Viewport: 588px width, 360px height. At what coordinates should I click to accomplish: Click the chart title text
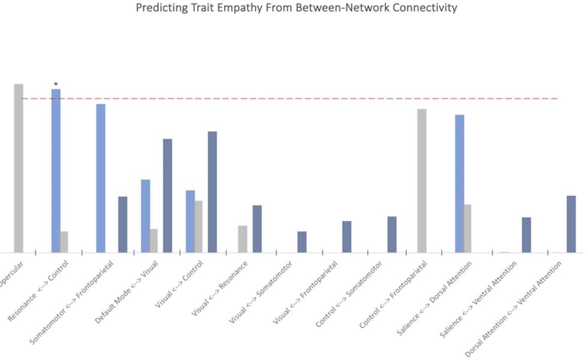pyautogui.click(x=296, y=8)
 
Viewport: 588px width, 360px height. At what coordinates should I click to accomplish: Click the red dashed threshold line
pyautogui.click(x=300, y=98)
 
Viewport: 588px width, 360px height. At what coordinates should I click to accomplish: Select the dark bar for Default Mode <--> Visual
pyautogui.click(x=167, y=196)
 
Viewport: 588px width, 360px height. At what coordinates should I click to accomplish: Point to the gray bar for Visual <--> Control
pyautogui.click(x=199, y=226)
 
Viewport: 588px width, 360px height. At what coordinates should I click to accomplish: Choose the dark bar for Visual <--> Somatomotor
pyautogui.click(x=302, y=242)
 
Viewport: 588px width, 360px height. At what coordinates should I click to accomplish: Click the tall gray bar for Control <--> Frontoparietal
pyautogui.click(x=422, y=181)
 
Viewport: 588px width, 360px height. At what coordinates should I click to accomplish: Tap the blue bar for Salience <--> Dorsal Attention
pyautogui.click(x=460, y=184)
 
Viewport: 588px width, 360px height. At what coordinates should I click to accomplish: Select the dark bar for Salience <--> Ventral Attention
pyautogui.click(x=526, y=235)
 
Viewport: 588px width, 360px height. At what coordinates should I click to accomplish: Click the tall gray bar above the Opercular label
pyautogui.click(x=19, y=168)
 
